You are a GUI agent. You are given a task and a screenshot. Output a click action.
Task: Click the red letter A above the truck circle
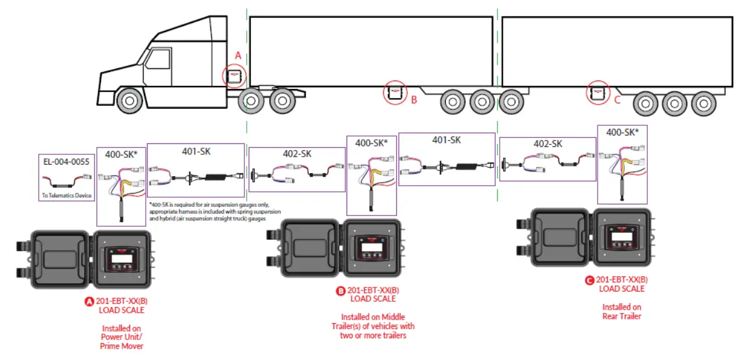tap(238, 55)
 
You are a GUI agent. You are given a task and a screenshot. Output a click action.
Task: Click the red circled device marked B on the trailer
tap(396, 93)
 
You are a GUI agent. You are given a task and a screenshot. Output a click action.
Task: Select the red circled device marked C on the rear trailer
tap(598, 93)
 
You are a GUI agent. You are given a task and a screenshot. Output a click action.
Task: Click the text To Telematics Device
tap(67, 196)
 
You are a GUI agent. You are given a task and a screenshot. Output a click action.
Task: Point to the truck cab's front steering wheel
tap(128, 101)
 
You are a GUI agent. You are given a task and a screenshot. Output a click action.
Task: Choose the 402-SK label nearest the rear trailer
tap(547, 144)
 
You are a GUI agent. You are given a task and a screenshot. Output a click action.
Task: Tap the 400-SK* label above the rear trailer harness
tap(623, 133)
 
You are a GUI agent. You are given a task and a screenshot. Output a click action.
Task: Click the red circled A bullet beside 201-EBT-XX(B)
tap(90, 301)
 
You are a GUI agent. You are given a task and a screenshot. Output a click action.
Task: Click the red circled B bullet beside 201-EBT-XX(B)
tap(341, 290)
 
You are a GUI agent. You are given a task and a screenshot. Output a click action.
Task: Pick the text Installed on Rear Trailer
tap(621, 312)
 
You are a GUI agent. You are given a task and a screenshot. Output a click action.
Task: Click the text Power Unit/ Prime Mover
tap(122, 342)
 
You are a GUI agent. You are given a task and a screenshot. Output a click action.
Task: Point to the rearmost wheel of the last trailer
tap(704, 103)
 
